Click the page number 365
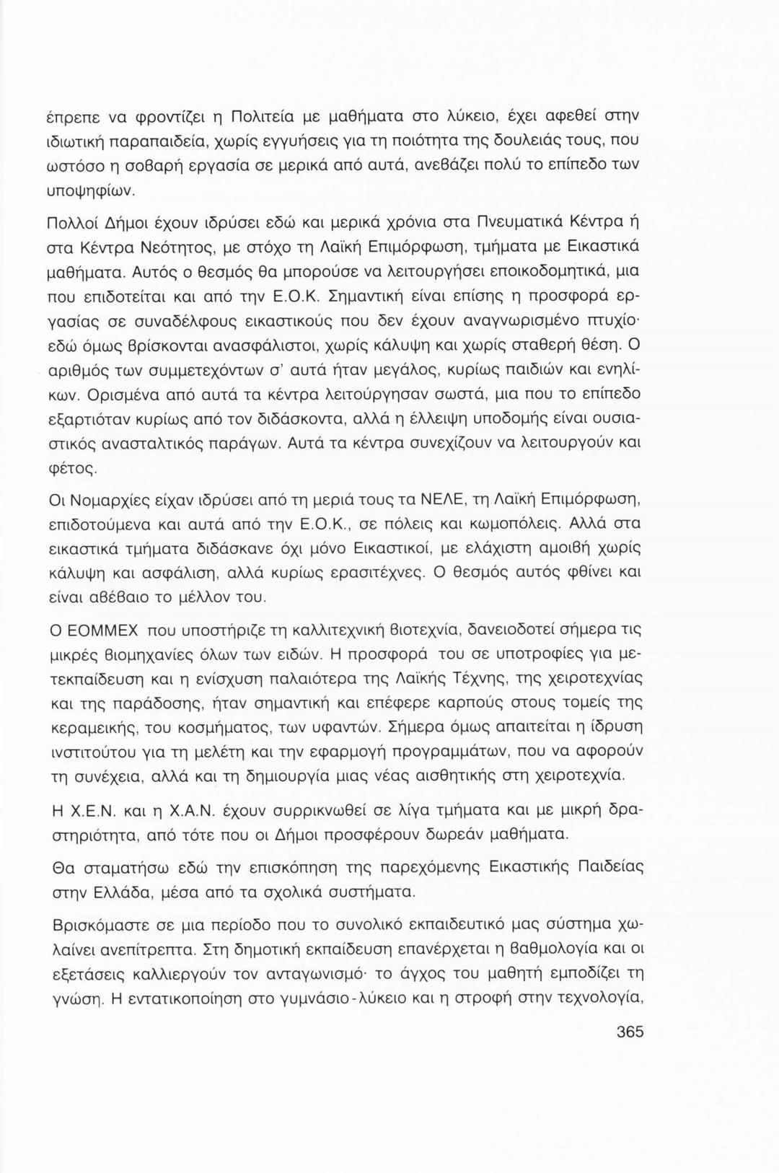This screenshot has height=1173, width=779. coord(630,1032)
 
